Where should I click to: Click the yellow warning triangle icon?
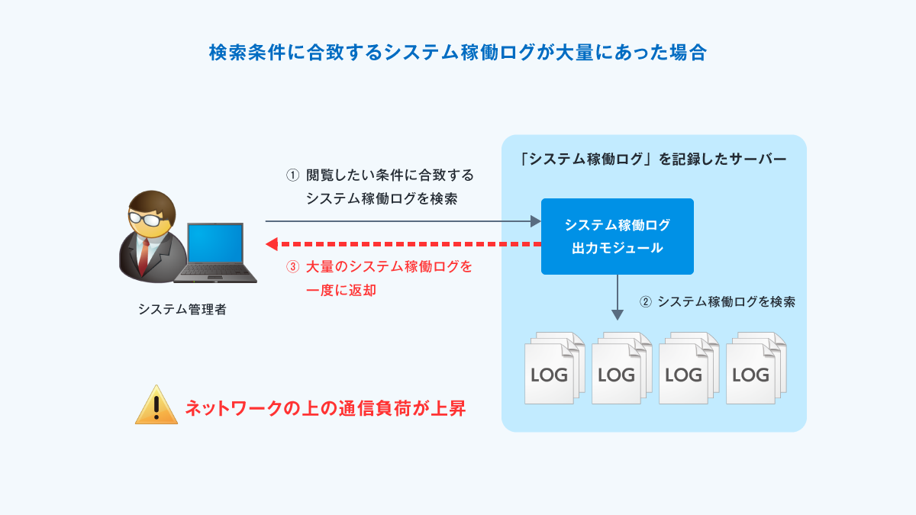[x=156, y=405]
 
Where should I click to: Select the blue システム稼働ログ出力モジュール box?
[x=617, y=237]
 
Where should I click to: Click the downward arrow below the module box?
[x=617, y=298]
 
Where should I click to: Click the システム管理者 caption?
[x=182, y=310]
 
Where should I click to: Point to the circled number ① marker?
[x=292, y=175]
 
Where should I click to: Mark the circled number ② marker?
[x=645, y=301]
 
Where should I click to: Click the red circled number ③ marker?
[x=292, y=267]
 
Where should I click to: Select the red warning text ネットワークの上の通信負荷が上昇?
[x=324, y=408]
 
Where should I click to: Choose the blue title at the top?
[x=458, y=53]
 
